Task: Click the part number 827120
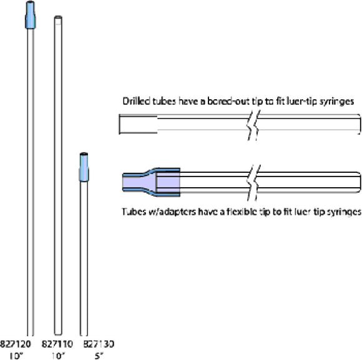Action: (15, 344)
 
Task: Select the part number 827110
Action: (57, 344)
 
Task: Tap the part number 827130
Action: (99, 344)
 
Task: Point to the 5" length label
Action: (99, 356)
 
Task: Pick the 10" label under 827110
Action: (58, 356)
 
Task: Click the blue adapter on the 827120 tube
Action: (30, 15)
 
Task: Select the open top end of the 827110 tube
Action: (58, 17)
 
